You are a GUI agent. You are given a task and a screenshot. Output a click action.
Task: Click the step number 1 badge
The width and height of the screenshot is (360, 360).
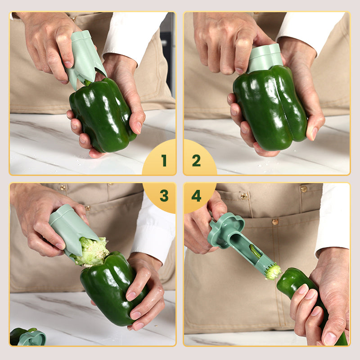(x=163, y=161)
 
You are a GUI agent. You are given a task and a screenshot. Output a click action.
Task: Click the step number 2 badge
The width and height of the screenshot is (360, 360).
(x=197, y=161)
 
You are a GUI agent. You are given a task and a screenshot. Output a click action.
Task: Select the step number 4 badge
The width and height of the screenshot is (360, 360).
(x=197, y=196)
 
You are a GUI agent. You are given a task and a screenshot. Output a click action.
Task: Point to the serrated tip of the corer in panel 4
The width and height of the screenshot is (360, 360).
(x=272, y=271)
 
